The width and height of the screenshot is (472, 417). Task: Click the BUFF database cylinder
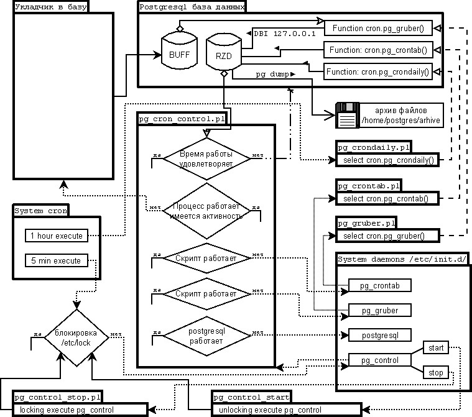[x=179, y=54]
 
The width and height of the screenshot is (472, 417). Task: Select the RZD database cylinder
[x=224, y=54]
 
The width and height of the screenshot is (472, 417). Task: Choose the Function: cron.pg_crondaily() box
[x=378, y=71]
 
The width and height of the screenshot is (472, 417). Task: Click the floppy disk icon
[x=347, y=115]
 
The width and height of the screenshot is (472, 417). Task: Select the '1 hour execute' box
[x=54, y=236]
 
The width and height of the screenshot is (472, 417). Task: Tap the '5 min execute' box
[x=54, y=260]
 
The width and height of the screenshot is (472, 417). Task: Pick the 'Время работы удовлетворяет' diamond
[x=206, y=158]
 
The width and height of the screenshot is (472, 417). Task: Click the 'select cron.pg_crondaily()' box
[x=388, y=161]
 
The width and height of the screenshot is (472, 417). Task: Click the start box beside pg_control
[x=435, y=347]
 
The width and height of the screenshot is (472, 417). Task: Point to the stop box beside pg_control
[x=435, y=372]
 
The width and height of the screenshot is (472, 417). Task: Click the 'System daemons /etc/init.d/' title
[x=402, y=259]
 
